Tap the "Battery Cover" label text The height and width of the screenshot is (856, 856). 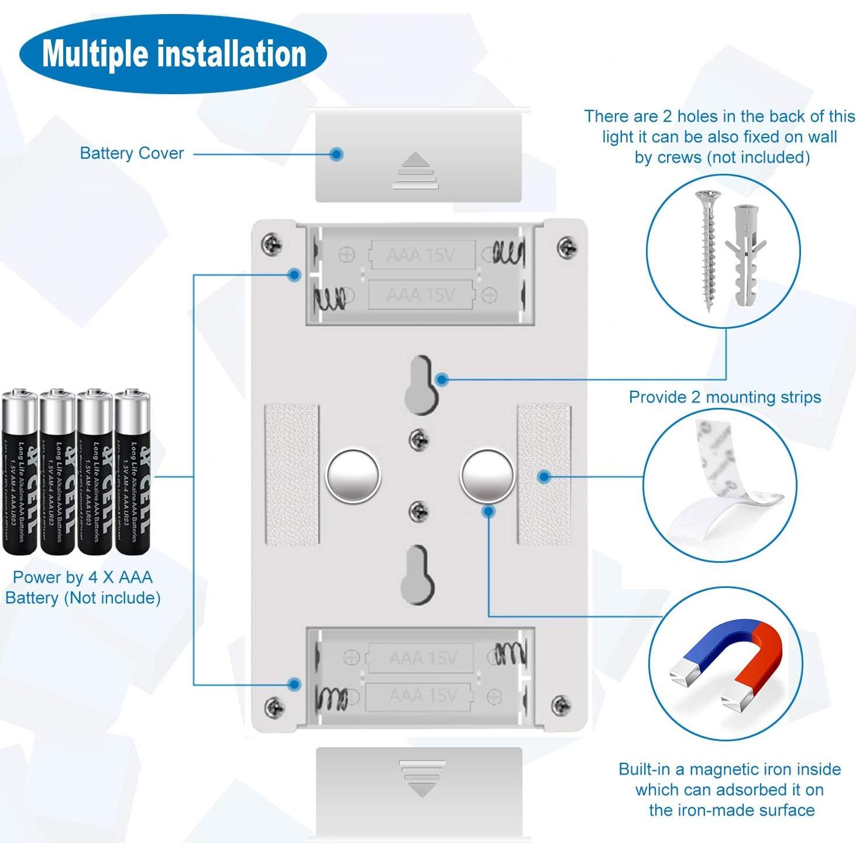pos(132,153)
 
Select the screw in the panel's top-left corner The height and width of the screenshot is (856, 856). pos(271,243)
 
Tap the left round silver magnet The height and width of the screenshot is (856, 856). pos(353,475)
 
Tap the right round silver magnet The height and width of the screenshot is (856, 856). pos(487,475)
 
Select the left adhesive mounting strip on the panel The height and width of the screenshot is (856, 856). pos(292,474)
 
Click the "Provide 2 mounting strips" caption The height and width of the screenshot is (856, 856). pos(724,397)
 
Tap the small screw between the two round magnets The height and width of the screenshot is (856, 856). pos(418,438)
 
